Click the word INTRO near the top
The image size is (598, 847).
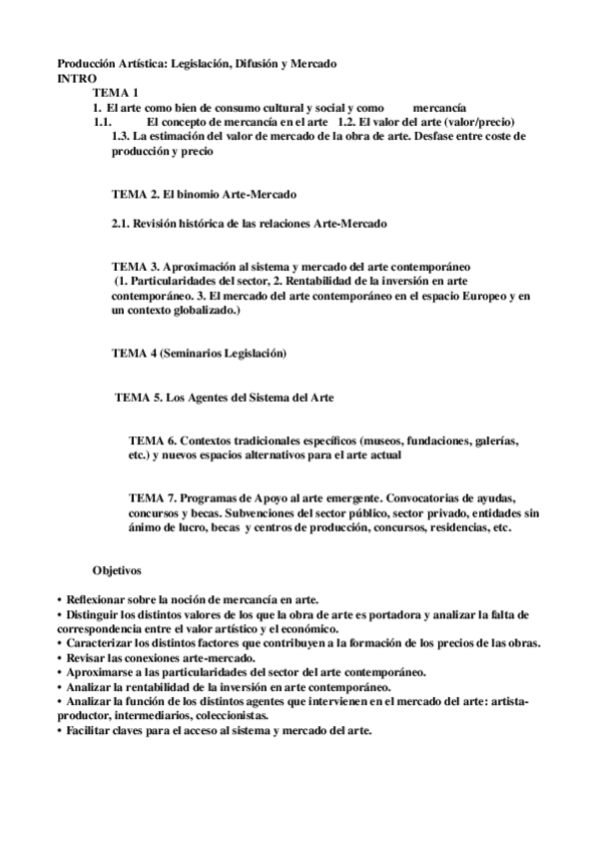tap(78, 77)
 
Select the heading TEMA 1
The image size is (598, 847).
tap(114, 92)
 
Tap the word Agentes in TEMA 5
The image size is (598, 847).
tap(214, 397)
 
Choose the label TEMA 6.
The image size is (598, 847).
tap(153, 439)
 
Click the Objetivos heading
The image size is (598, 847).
tap(118, 569)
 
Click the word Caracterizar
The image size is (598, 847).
tap(102, 643)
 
